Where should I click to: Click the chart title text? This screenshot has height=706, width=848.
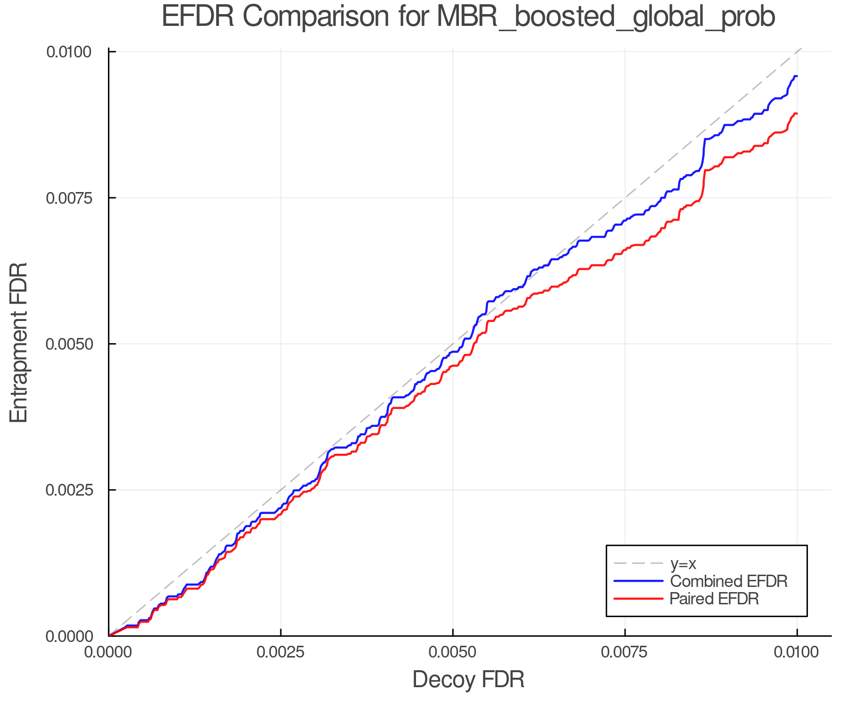468,17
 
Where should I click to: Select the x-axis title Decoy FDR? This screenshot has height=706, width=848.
468,680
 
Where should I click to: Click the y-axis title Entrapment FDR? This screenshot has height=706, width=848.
19,343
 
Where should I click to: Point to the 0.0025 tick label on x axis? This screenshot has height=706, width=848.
281,652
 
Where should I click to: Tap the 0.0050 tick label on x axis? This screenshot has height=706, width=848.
453,652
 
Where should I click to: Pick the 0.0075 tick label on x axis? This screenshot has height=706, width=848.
625,652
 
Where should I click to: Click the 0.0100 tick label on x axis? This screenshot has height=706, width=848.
797,652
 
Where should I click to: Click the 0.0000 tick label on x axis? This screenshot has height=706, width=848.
109,652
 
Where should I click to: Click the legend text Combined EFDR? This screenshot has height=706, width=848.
728,581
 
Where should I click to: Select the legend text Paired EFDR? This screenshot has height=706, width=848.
714,599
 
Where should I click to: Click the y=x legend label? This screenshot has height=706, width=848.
683,563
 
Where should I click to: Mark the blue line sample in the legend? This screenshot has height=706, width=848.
638,581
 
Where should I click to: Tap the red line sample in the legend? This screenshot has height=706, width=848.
638,599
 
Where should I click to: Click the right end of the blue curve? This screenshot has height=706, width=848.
797,76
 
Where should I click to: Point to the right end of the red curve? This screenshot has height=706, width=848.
797,113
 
